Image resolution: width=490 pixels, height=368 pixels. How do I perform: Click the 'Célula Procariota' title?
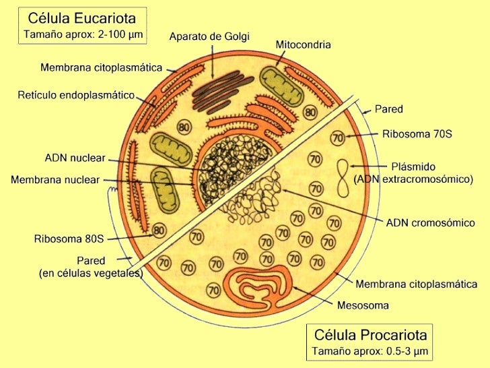[370, 335]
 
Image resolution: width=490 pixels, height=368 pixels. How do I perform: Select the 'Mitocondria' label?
[303, 44]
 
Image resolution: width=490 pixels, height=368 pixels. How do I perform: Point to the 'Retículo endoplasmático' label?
[76, 95]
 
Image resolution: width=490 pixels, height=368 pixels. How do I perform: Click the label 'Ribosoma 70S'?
[417, 134]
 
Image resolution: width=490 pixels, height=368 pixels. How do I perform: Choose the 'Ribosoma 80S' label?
[69, 238]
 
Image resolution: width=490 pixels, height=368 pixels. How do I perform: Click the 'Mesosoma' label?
[363, 305]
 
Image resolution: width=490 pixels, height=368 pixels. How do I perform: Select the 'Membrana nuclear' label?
[55, 180]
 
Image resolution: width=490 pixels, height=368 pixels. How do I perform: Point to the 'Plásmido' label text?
[413, 166]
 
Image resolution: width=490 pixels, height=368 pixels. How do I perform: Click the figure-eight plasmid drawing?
[343, 178]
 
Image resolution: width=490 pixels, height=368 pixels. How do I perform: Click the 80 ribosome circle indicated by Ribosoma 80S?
[159, 231]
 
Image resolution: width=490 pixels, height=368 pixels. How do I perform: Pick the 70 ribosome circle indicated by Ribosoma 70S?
[337, 138]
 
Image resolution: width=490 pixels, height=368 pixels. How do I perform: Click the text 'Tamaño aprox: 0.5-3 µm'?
[370, 351]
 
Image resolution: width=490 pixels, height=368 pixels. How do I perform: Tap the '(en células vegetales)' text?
[90, 273]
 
